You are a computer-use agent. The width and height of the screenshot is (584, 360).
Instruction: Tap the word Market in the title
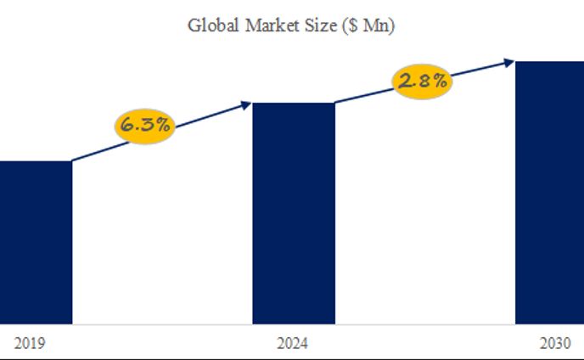pyautogui.click(x=267, y=25)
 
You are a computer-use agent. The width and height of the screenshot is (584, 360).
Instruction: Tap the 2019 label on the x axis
pyautogui.click(x=29, y=344)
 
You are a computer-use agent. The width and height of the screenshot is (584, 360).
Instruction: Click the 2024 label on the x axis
pyautogui.click(x=293, y=344)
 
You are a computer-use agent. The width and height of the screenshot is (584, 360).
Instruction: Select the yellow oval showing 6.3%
pyautogui.click(x=145, y=125)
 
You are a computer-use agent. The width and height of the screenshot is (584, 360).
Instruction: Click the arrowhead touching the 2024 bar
pyautogui.click(x=247, y=104)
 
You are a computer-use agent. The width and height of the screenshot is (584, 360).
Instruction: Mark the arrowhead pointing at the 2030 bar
pyautogui.click(x=509, y=61)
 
